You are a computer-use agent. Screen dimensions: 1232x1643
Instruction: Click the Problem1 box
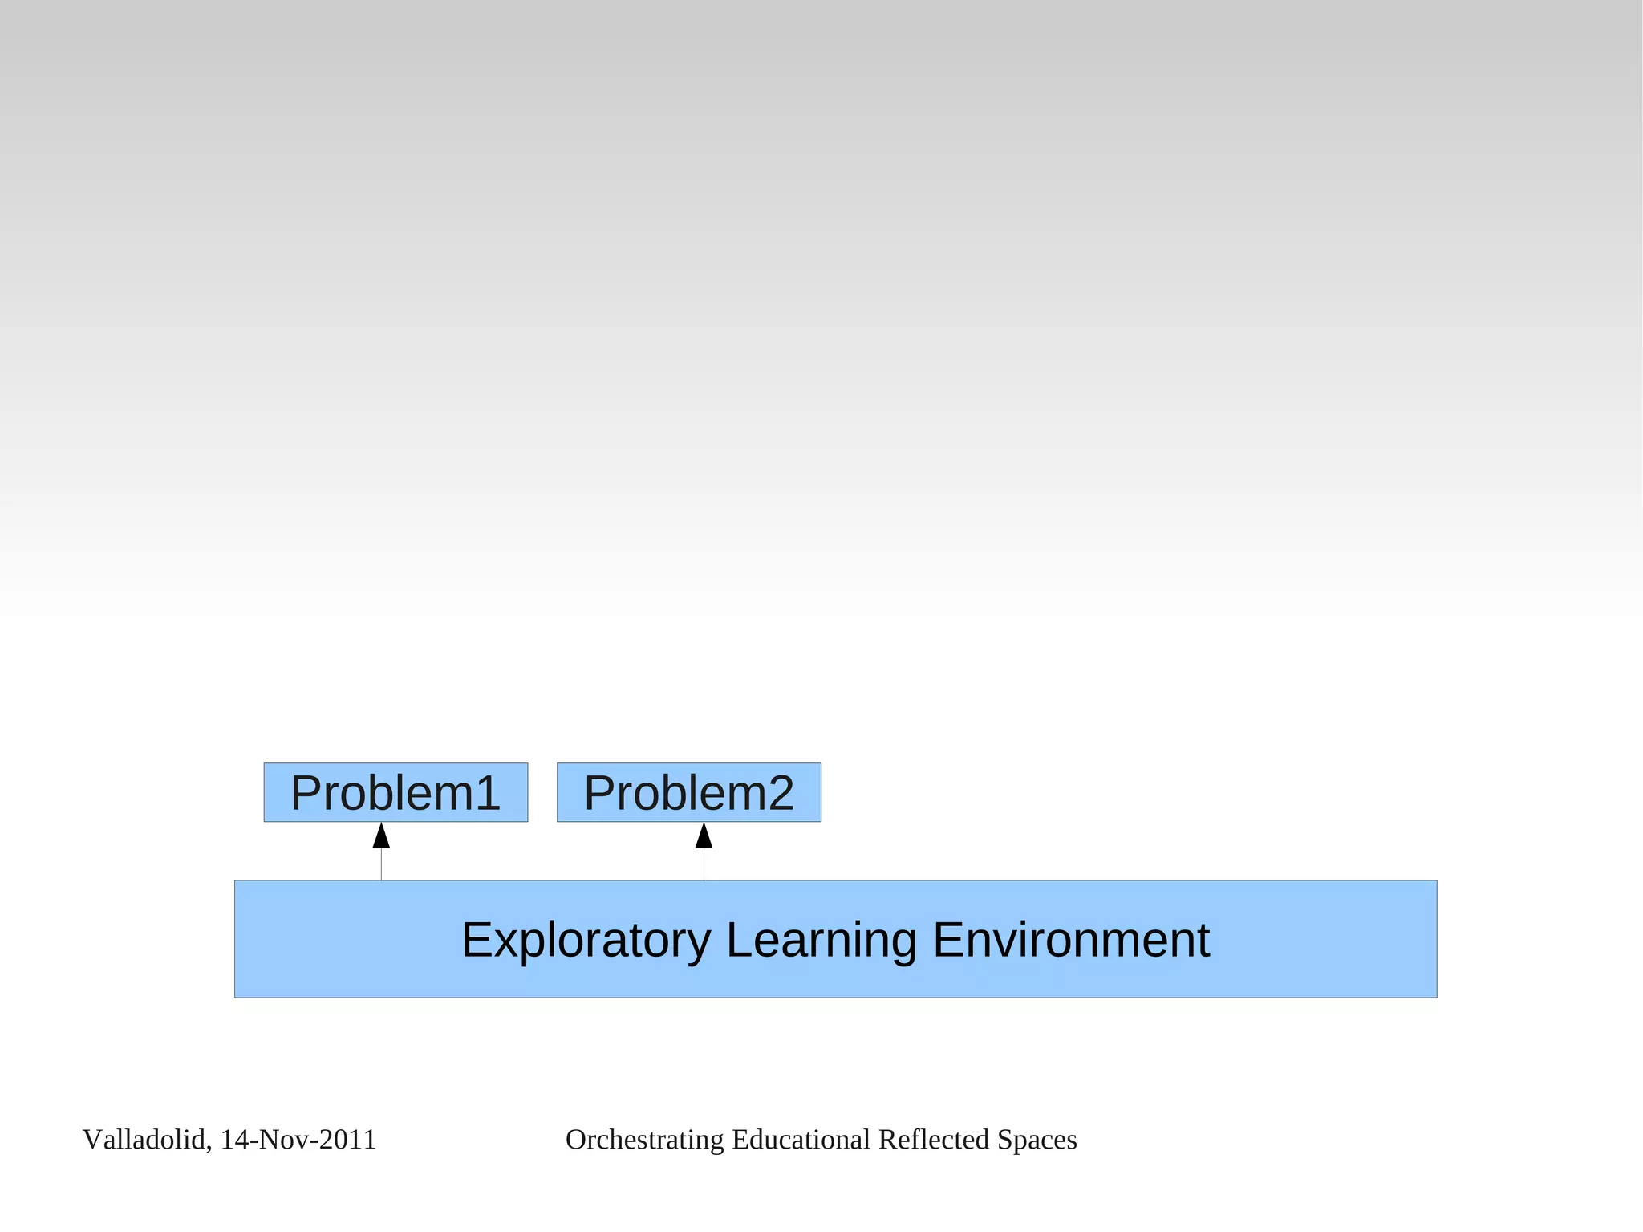pos(396,792)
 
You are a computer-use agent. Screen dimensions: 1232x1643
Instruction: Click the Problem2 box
pos(688,792)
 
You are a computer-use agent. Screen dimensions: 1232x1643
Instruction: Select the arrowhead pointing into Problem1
pos(381,836)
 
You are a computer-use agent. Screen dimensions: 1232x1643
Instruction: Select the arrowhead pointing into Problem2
pos(704,836)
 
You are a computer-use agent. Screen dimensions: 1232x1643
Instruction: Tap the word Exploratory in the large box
pos(586,940)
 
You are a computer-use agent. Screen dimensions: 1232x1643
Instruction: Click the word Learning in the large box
pos(821,940)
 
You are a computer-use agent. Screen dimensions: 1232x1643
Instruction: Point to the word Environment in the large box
pos(1071,940)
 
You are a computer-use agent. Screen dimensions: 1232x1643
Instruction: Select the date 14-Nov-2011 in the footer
pos(298,1140)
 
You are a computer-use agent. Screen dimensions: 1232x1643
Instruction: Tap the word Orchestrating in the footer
pos(644,1140)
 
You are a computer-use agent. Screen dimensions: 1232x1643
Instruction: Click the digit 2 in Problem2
pos(780,792)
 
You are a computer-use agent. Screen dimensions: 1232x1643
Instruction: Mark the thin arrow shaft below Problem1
pos(381,864)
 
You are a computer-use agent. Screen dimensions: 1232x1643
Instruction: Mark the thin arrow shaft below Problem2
pos(704,864)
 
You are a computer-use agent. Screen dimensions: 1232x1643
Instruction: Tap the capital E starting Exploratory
pos(477,940)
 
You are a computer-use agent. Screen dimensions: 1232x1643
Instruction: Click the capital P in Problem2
pos(600,792)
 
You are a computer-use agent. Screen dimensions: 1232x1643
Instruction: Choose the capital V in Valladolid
pos(91,1140)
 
